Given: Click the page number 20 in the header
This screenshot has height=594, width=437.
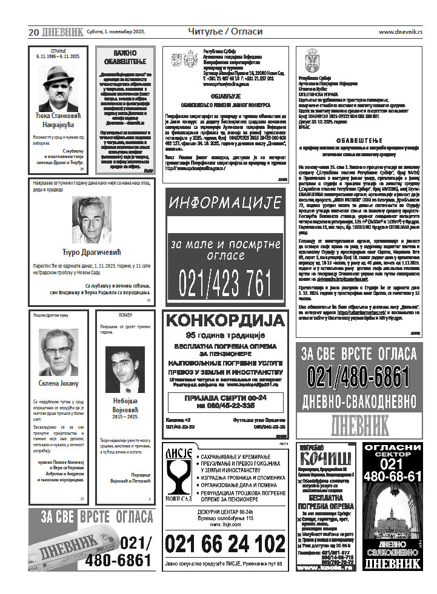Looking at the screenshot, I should [34, 31].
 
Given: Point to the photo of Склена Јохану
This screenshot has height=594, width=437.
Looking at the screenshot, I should [58, 352].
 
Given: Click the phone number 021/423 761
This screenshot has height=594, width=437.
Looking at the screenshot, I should [225, 282].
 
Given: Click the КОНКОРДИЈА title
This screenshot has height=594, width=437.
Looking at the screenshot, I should [225, 321].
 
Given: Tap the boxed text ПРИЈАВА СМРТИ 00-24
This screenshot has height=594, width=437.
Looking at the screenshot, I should [225, 398].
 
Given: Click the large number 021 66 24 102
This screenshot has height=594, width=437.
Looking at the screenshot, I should [225, 544].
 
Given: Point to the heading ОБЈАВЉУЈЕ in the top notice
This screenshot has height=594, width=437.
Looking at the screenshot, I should [225, 96].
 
